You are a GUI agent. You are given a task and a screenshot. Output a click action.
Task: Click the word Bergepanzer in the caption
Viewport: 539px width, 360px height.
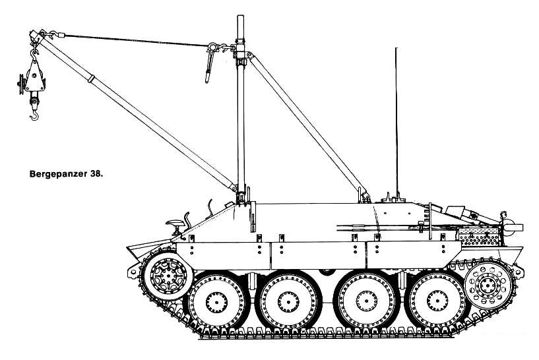tap(59, 174)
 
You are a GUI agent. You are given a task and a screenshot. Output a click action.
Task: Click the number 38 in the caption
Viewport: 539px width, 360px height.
tap(96, 174)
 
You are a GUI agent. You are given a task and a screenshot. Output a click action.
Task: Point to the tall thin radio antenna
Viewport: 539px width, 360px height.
tap(396, 123)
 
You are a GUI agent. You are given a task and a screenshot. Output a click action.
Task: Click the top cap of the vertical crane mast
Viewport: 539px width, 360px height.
tap(240, 17)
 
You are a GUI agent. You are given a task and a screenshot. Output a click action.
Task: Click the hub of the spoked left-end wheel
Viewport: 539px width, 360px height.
tap(168, 276)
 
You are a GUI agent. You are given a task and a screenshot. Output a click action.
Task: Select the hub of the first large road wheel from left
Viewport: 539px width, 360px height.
tap(216, 302)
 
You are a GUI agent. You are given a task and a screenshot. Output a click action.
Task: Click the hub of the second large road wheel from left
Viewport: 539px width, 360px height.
tap(288, 302)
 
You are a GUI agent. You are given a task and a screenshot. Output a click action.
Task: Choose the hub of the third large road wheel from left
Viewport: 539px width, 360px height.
tap(366, 301)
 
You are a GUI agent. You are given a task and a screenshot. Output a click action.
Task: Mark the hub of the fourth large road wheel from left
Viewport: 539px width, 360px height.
tap(437, 301)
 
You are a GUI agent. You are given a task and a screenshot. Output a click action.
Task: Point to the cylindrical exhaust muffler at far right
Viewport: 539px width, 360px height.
tap(512, 227)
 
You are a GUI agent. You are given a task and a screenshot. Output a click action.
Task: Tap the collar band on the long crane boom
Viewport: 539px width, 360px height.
tap(91, 78)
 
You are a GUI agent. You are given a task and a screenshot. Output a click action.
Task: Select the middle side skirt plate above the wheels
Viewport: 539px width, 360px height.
tap(319, 255)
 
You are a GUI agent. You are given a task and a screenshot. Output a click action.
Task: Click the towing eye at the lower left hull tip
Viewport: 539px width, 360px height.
tap(133, 272)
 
